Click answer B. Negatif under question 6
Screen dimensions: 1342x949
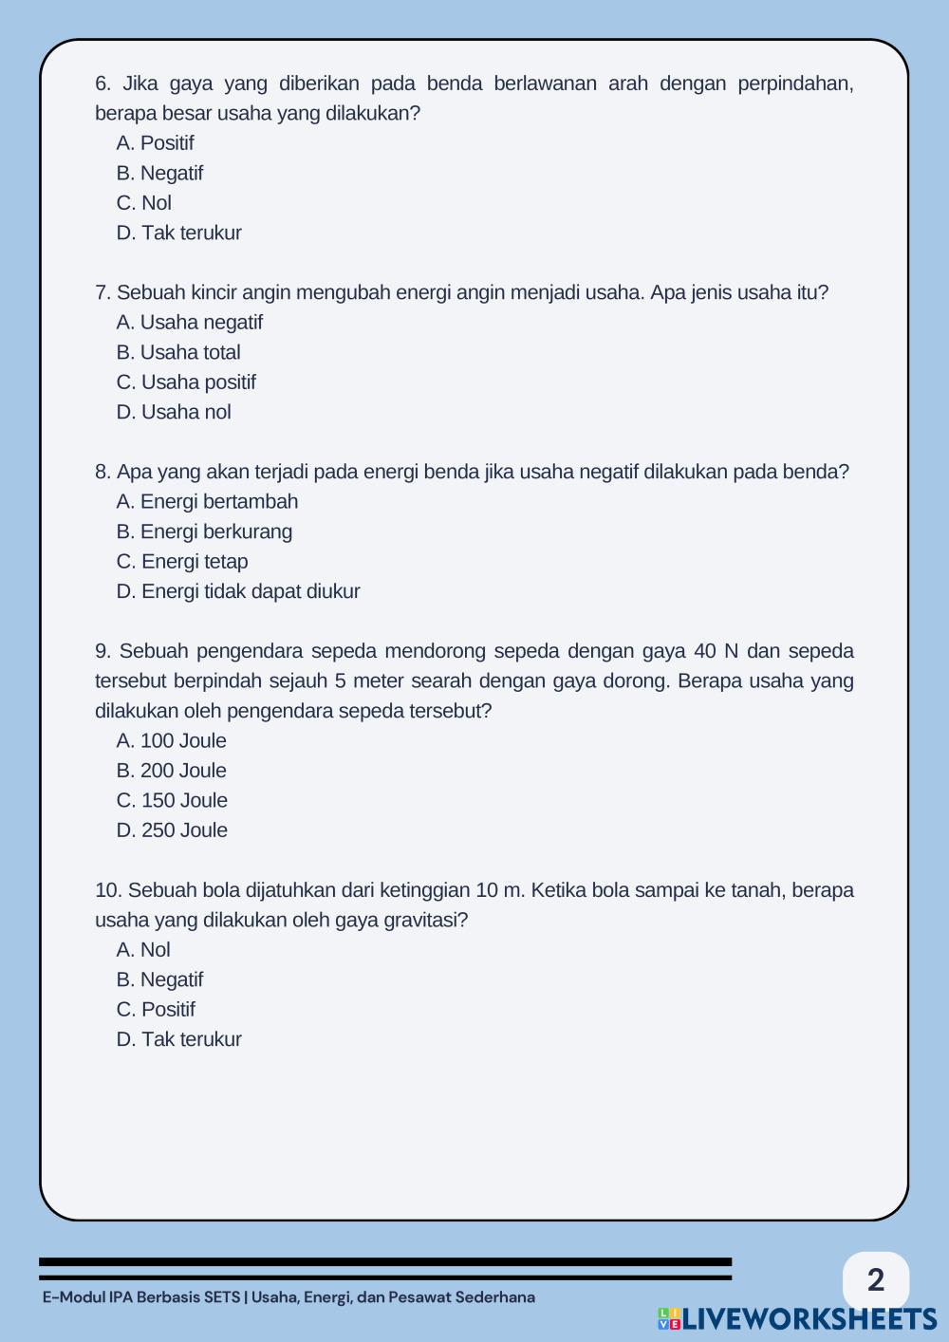click(159, 173)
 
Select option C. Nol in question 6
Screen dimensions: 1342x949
click(144, 203)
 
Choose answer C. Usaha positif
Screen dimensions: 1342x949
click(186, 382)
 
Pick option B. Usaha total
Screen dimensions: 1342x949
click(178, 352)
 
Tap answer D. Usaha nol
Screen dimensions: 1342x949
click(174, 412)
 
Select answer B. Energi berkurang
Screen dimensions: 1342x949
click(204, 531)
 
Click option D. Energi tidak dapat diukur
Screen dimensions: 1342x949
click(238, 591)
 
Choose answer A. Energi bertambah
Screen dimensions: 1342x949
click(207, 502)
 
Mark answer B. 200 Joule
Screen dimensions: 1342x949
click(172, 771)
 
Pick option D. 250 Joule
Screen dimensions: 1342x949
click(172, 830)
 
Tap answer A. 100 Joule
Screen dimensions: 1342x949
click(172, 741)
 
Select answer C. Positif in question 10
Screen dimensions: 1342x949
click(156, 1010)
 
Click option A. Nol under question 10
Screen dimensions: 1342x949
click(143, 950)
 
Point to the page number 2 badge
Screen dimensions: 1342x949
click(875, 1279)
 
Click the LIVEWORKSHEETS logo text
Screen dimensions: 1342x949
click(808, 1318)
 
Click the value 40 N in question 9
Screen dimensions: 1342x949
click(716, 651)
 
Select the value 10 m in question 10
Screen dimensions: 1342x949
click(499, 890)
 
